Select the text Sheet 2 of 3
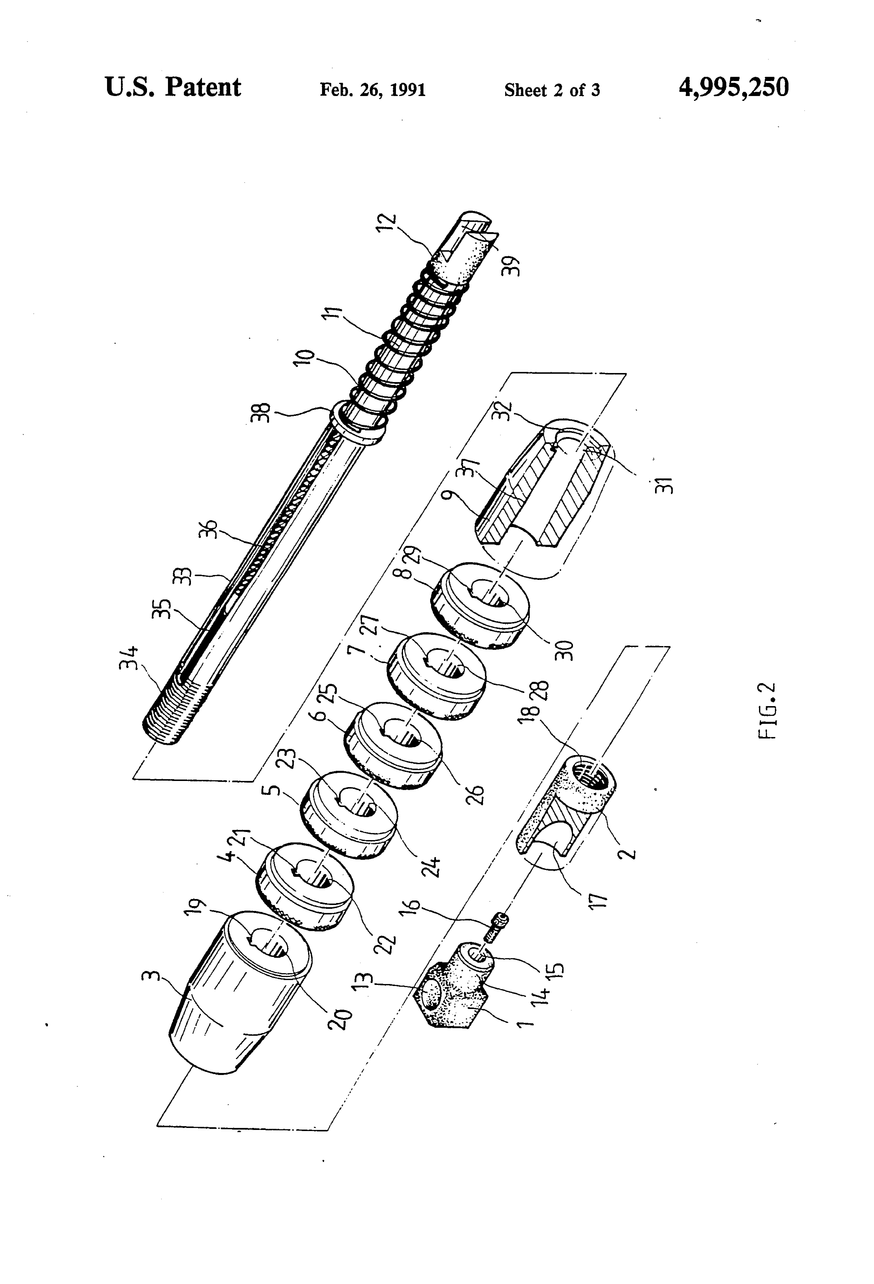tap(552, 90)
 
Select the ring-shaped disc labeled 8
tap(479, 605)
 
